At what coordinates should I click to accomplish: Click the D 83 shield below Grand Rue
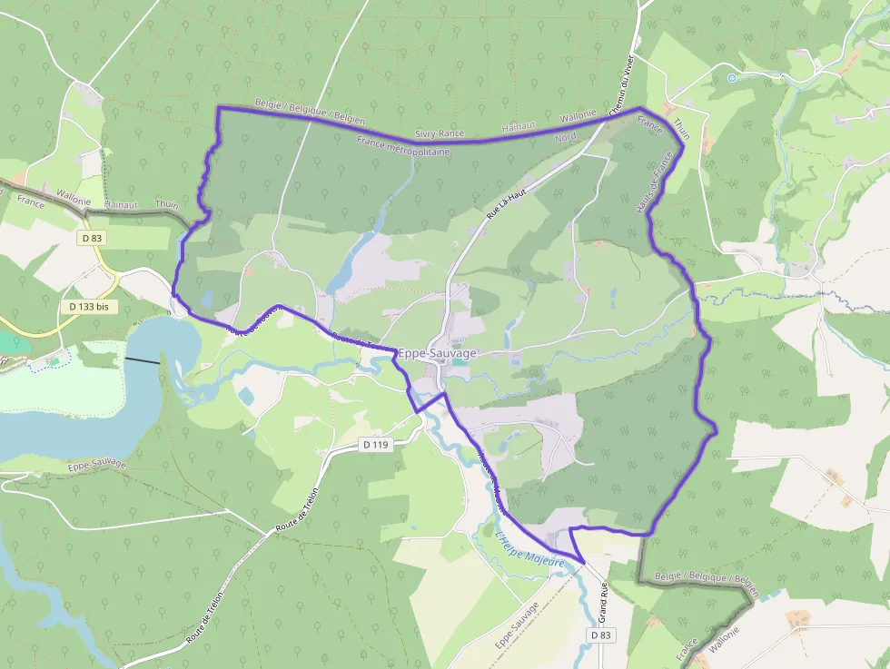[x=600, y=635]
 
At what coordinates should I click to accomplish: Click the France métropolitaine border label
[x=403, y=146]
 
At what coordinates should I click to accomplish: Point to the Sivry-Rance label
[x=439, y=133]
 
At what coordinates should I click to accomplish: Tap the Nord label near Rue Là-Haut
[x=565, y=137]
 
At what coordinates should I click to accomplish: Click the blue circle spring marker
[x=732, y=78]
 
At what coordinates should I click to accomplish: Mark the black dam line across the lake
[x=142, y=360]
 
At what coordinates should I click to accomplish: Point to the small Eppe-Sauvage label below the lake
[x=96, y=466]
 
